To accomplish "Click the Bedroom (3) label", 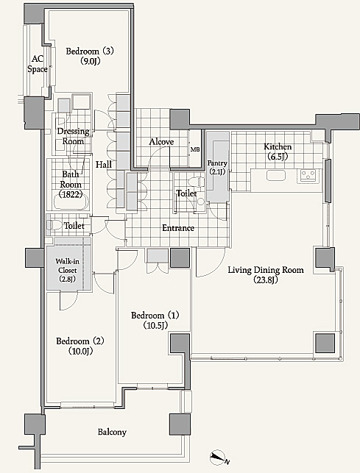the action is tap(90, 56).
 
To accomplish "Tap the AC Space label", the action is tap(38, 64).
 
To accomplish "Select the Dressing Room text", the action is tap(74, 136).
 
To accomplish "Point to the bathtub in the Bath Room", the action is tap(71, 202).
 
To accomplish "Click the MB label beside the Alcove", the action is tap(195, 149).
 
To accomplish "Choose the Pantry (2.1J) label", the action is tap(217, 168).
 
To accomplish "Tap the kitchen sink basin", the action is tap(276, 175).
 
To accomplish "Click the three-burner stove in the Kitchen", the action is tap(308, 175).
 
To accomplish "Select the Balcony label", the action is tap(112, 432).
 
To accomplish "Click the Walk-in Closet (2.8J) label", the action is tap(67, 270).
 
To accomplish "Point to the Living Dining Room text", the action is tap(266, 270).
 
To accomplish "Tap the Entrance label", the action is tap(178, 228).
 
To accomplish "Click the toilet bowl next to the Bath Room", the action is tap(54, 225).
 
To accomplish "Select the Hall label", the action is tap(104, 164).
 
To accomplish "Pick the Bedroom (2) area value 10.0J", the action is tap(80, 351).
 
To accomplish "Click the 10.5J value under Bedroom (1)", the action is tap(155, 325).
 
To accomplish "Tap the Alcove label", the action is tap(161, 142).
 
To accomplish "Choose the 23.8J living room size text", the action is tap(266, 280).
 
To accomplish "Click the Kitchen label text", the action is tap(278, 147).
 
